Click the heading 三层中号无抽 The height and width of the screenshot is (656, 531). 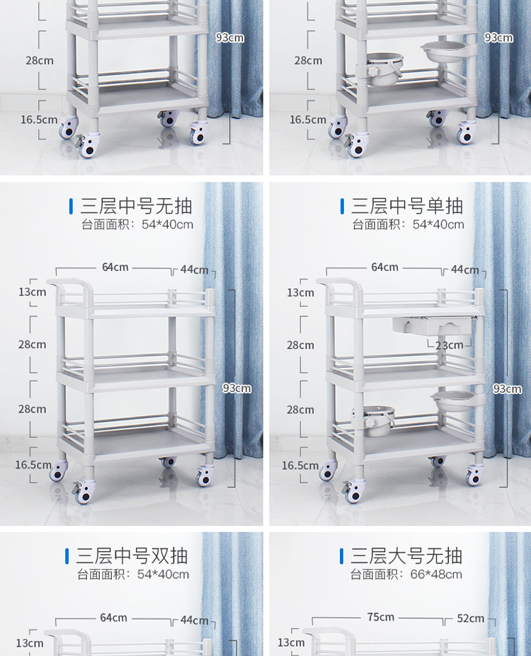click(136, 206)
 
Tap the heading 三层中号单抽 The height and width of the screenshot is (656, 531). click(406, 206)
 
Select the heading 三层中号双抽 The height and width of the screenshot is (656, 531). click(132, 556)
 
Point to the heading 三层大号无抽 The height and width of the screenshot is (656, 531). click(406, 556)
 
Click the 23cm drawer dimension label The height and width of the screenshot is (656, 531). click(449, 345)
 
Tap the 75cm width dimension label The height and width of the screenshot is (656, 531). click(380, 617)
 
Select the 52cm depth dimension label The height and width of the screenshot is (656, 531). click(470, 618)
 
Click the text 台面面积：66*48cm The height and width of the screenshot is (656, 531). click(406, 575)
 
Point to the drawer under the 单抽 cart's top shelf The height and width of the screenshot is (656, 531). click(431, 326)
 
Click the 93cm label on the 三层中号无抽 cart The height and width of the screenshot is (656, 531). click(237, 389)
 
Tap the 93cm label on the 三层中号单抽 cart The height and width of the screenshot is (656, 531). click(507, 389)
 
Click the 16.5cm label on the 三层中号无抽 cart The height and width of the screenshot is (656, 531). click(33, 465)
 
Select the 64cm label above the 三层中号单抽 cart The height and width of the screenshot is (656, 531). click(384, 267)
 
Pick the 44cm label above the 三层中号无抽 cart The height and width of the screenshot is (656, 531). click(194, 270)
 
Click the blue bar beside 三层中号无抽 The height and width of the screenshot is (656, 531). click(71, 206)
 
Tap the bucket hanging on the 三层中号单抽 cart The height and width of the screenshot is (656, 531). click(375, 420)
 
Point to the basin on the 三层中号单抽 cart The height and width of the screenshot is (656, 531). click(454, 400)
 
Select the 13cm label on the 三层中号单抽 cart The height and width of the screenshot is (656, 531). click(300, 293)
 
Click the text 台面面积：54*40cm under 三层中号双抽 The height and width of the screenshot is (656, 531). click(133, 575)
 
